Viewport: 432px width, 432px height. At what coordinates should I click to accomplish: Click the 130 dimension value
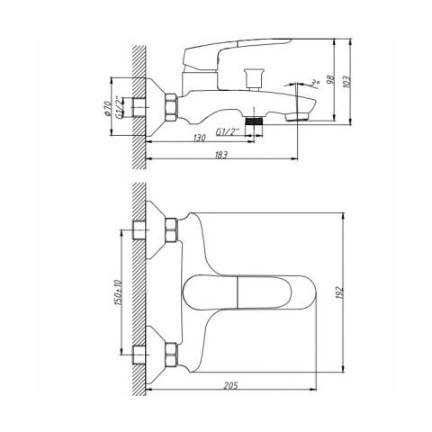[x=200, y=138]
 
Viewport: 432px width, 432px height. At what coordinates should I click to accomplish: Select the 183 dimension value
[x=221, y=155]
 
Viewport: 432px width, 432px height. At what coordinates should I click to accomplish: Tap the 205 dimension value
[x=230, y=385]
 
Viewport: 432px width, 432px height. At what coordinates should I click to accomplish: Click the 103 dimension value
[x=346, y=81]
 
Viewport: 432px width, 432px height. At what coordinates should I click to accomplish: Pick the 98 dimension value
[x=330, y=79]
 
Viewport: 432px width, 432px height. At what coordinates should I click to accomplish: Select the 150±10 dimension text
[x=118, y=292]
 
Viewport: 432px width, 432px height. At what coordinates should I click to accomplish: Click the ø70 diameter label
[x=107, y=108]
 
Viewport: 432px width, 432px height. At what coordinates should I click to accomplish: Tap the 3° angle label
[x=315, y=83]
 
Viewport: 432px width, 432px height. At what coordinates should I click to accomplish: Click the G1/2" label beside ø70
[x=120, y=107]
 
